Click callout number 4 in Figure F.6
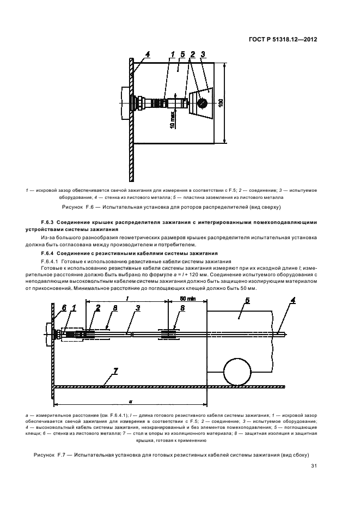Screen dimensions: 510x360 (148, 53)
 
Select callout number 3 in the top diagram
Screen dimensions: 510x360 (203, 53)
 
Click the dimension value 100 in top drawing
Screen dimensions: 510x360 (221, 103)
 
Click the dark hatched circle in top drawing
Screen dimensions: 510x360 (202, 102)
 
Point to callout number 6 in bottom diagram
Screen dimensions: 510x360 (64, 308)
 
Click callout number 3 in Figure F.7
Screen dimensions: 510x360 (138, 308)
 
